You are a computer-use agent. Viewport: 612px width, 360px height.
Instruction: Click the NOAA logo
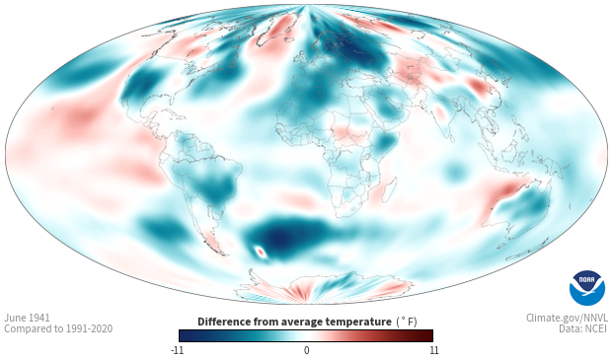point(587,288)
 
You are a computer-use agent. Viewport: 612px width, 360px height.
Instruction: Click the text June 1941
point(27,318)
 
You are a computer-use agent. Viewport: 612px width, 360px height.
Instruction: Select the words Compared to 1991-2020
point(58,328)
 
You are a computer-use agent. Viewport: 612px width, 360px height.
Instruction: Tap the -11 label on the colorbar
point(178,350)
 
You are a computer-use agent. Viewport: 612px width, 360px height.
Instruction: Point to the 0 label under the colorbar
point(306,350)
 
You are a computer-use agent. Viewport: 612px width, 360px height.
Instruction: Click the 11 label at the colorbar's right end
point(433,350)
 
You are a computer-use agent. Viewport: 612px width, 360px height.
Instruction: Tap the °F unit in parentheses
point(407,323)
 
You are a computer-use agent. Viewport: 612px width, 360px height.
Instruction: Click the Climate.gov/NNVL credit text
point(567,318)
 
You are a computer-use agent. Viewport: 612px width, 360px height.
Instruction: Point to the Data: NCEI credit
point(583,328)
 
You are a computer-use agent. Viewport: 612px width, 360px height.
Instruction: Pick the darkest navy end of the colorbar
point(183,335)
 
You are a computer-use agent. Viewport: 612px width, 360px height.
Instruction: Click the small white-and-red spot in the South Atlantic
point(261,252)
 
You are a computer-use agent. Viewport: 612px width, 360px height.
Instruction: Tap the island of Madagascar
point(389,190)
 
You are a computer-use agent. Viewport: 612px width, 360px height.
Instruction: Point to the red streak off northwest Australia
point(503,194)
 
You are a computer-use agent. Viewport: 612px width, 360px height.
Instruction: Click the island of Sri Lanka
point(450,137)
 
